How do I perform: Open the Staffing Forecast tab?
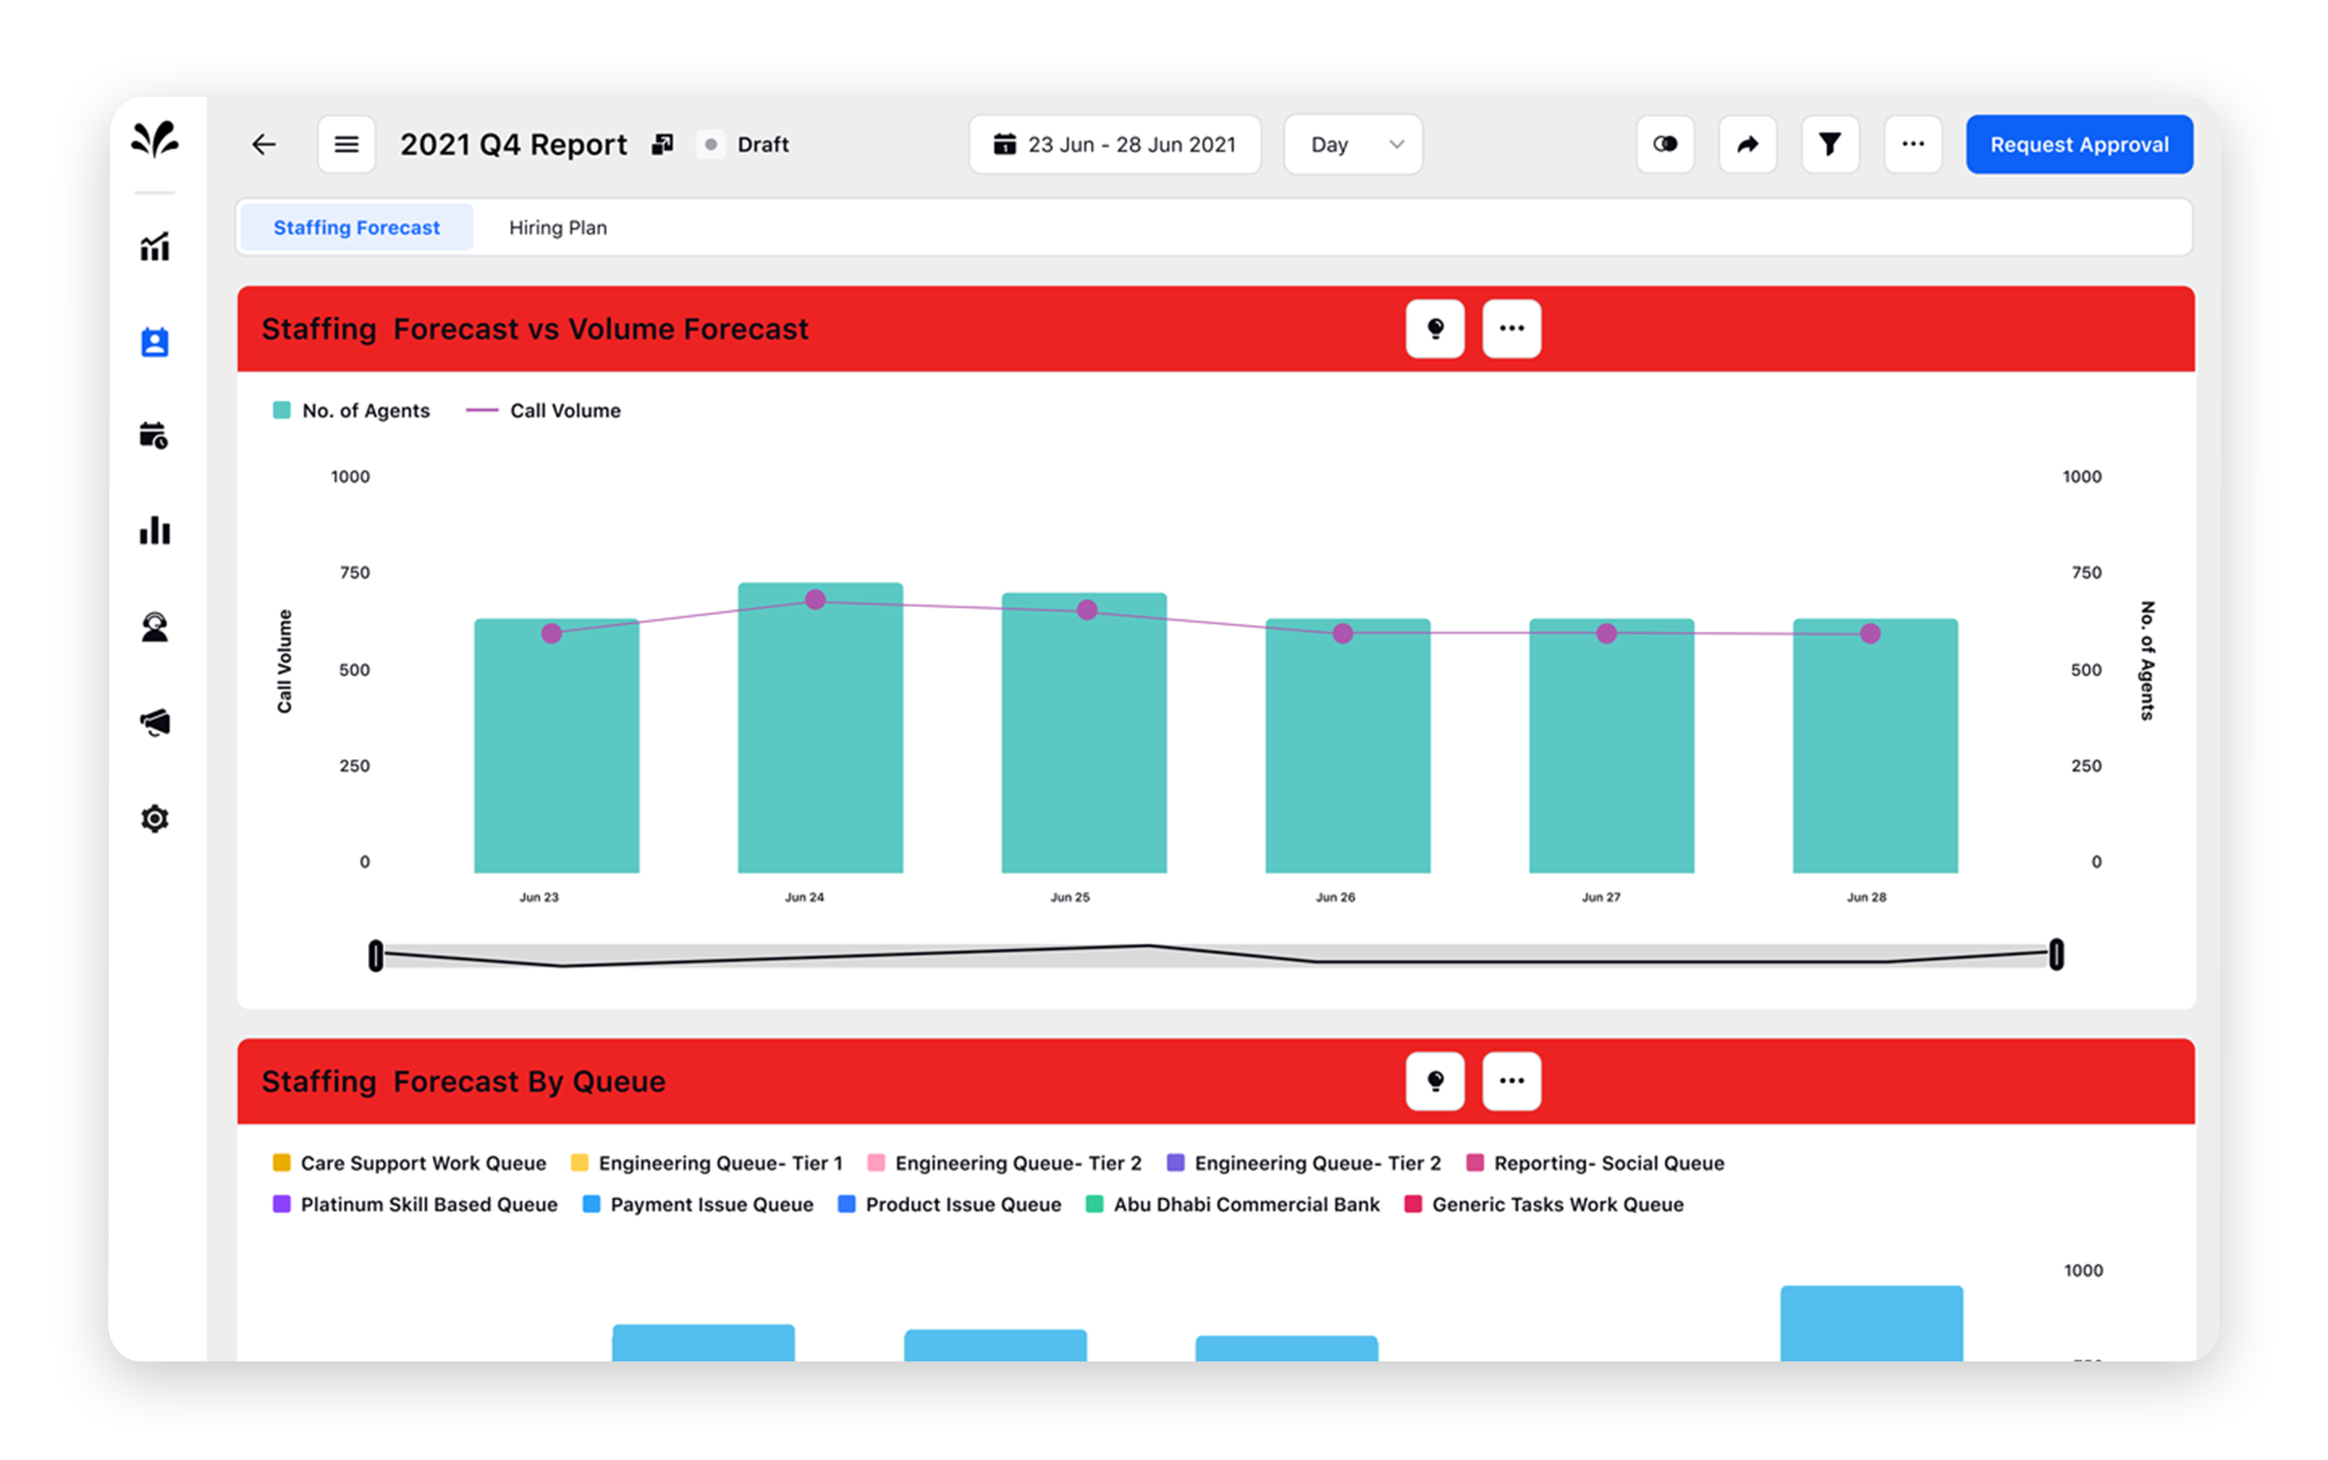click(x=356, y=228)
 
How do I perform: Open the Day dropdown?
click(x=1352, y=145)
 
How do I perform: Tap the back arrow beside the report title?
click(x=264, y=145)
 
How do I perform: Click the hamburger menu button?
click(x=345, y=145)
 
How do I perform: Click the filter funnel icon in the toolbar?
click(x=1829, y=145)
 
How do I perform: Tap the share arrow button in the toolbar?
click(x=1747, y=145)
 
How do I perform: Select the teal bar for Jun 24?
click(x=820, y=734)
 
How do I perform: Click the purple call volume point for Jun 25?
click(x=1086, y=610)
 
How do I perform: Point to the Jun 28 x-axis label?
click(x=1866, y=897)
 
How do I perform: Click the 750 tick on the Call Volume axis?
click(x=355, y=572)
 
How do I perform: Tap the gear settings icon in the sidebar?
click(x=155, y=819)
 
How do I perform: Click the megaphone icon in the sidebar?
click(x=155, y=722)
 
